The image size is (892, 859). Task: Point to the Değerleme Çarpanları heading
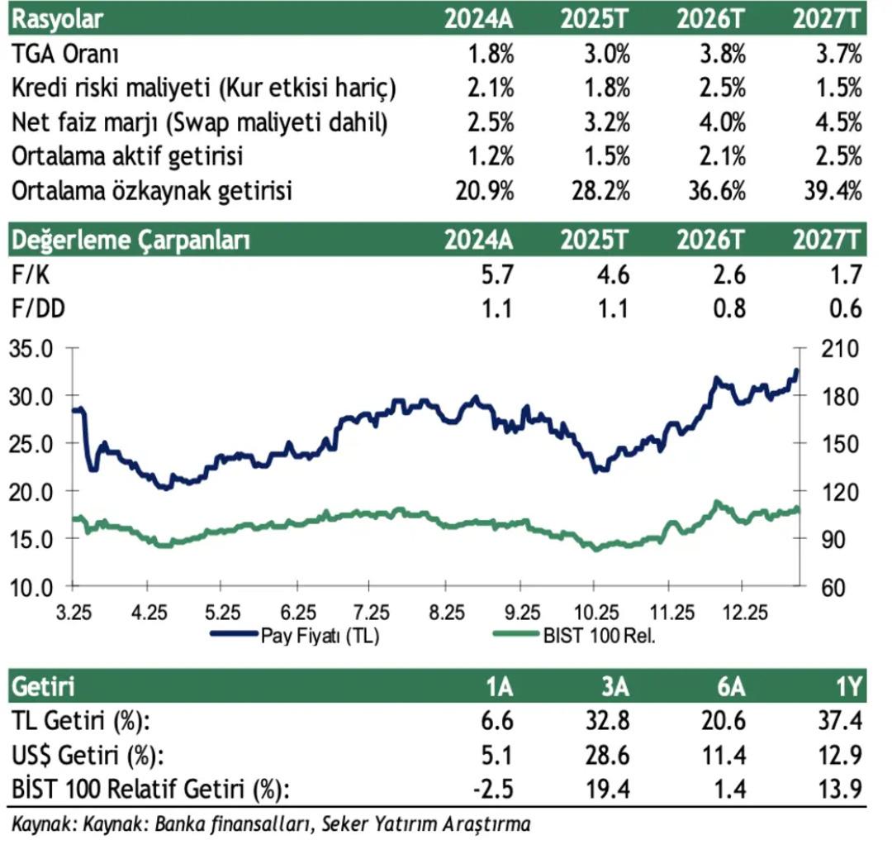pyautogui.click(x=130, y=241)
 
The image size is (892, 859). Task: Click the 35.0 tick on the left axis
pyautogui.click(x=31, y=348)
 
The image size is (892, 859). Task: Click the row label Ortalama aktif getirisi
pyautogui.click(x=128, y=157)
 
